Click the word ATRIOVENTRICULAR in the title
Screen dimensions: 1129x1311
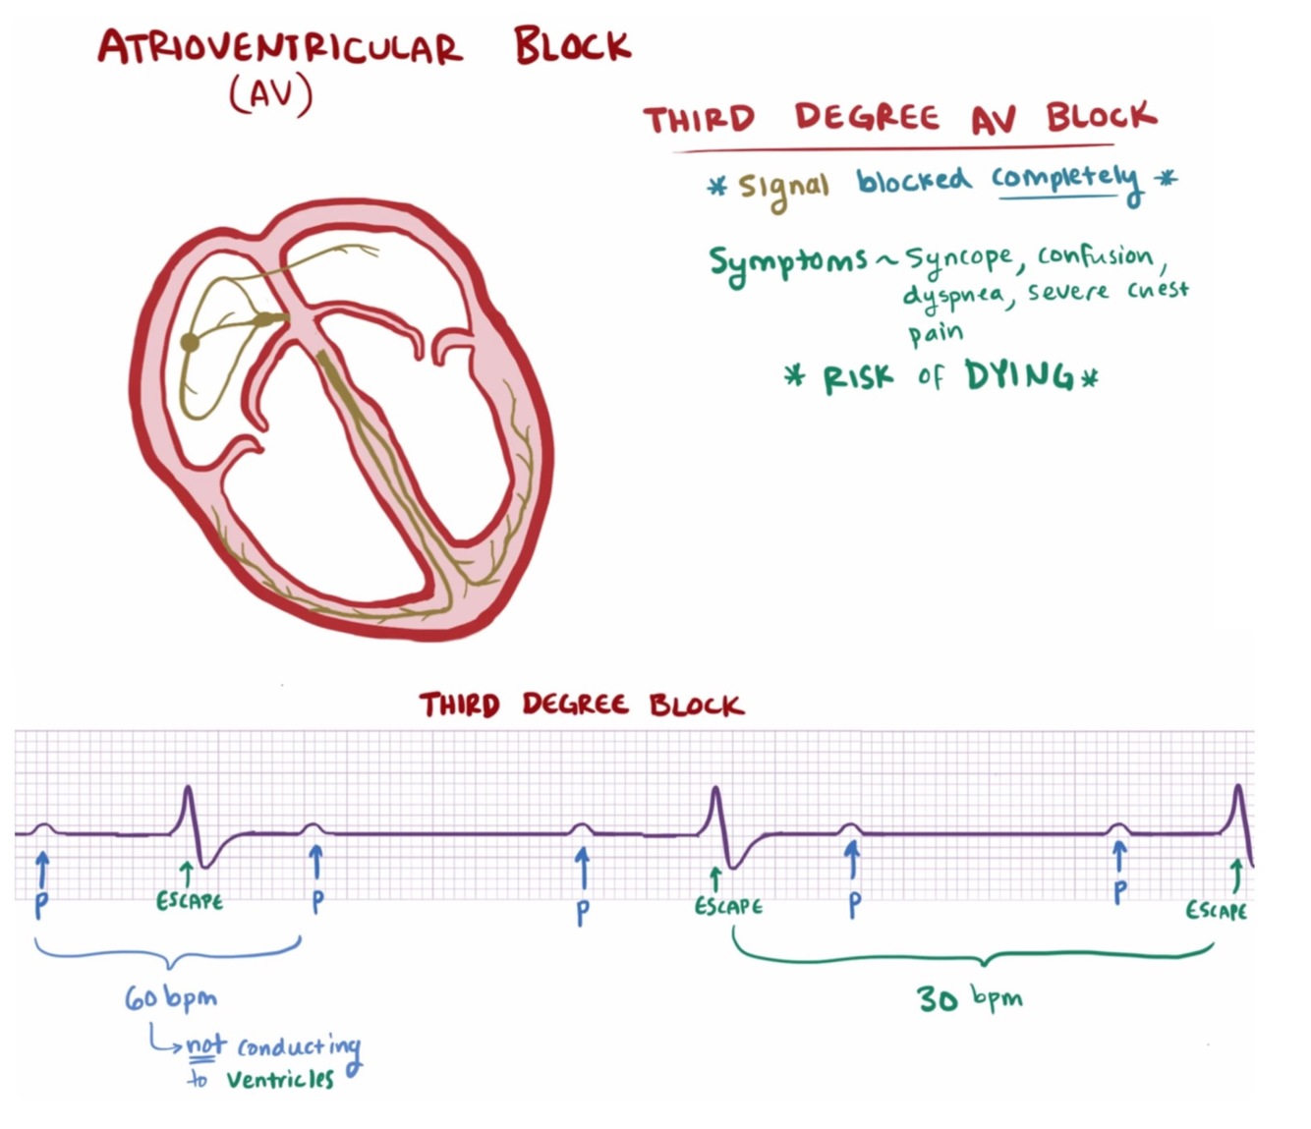[279, 48]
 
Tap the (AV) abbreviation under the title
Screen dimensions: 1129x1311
[271, 95]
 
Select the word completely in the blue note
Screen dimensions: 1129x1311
[1065, 179]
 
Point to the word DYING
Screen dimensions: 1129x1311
[1019, 375]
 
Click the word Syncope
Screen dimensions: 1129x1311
[958, 258]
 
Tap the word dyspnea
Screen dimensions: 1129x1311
[952, 295]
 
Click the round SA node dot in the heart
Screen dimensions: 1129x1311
[190, 342]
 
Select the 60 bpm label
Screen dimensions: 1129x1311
[170, 999]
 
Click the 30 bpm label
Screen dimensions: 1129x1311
[969, 998]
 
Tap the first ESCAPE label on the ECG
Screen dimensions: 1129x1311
[190, 901]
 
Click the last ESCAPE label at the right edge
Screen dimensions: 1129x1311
[1216, 911]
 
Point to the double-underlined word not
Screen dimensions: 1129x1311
[206, 1044]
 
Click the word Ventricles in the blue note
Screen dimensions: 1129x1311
[280, 1079]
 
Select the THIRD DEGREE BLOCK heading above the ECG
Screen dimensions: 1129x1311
[581, 705]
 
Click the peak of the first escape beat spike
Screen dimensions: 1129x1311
[188, 788]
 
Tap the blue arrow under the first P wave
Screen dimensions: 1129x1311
[41, 870]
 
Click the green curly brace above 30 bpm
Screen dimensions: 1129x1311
[973, 954]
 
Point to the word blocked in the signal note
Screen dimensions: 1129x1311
[913, 180]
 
